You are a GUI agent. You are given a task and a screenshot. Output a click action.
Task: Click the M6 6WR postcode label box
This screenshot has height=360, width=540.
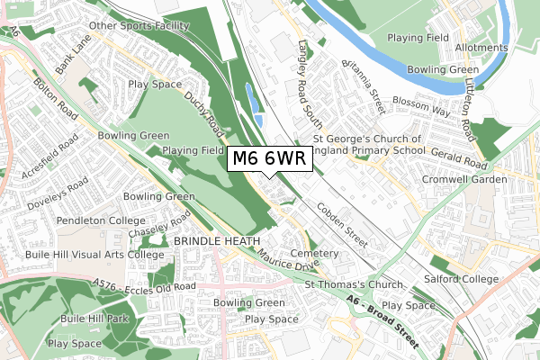pyautogui.click(x=270, y=159)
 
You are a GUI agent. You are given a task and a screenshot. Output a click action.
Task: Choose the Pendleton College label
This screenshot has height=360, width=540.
pyautogui.click(x=100, y=220)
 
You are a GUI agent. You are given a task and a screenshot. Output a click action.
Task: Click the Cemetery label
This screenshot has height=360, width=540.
pyautogui.click(x=315, y=254)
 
